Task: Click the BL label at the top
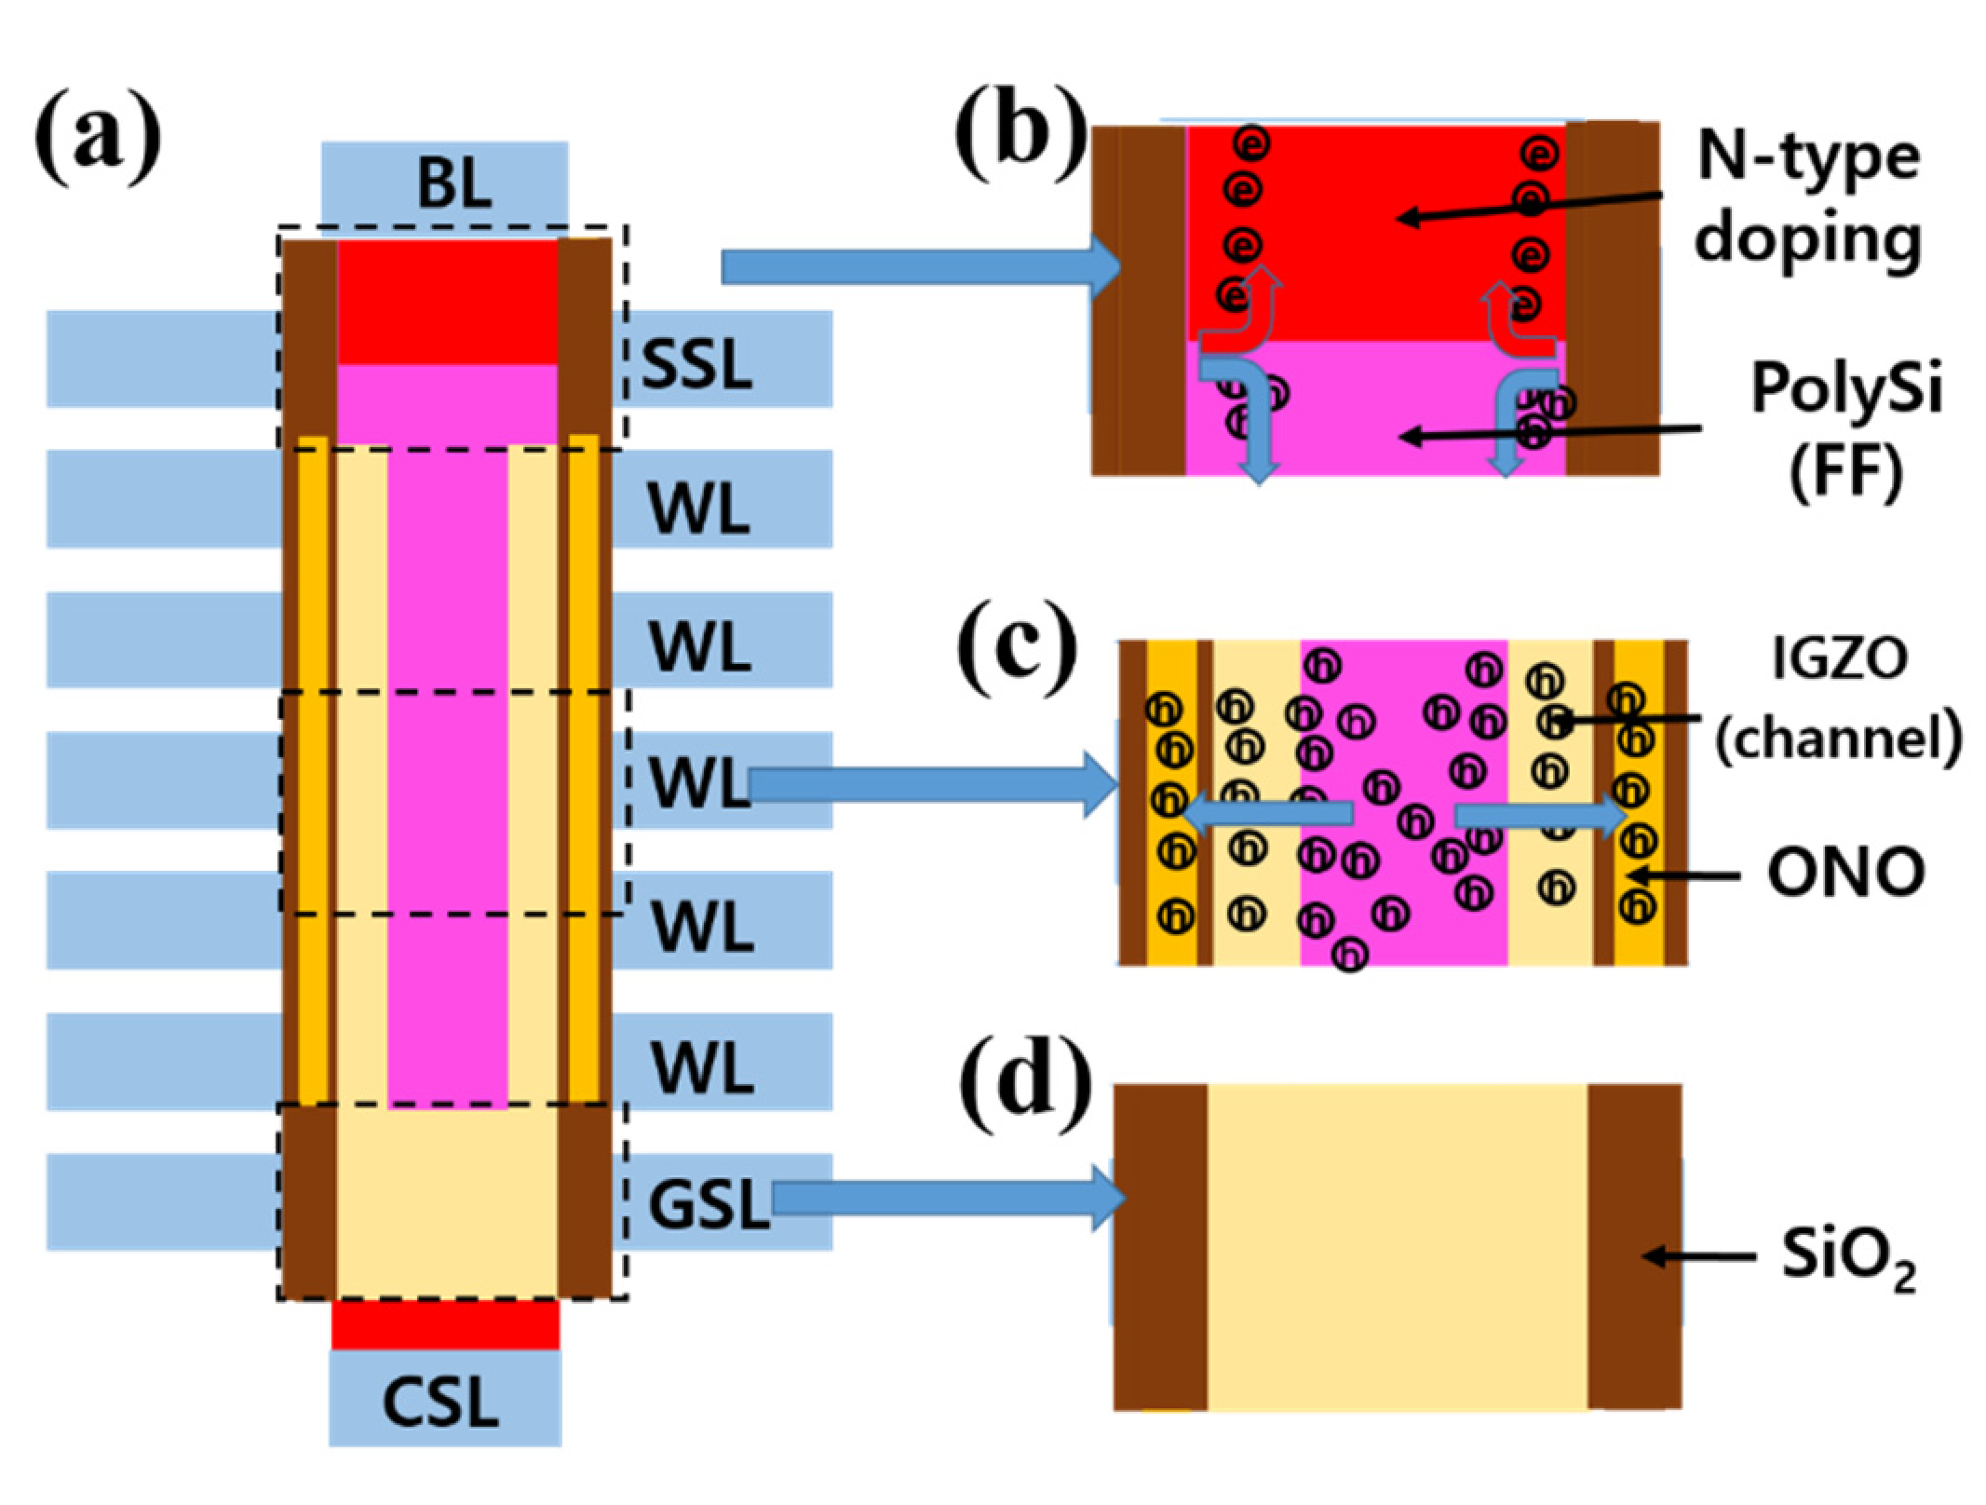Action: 453,183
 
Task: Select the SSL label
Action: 696,364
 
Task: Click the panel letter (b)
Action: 1020,140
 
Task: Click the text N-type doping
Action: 1806,197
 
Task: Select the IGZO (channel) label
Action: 1839,698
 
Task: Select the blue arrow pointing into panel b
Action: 922,268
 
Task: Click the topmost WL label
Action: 698,508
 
